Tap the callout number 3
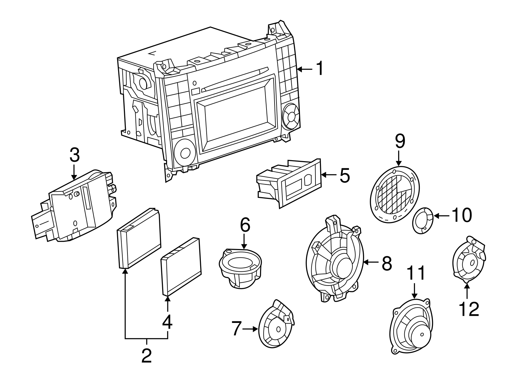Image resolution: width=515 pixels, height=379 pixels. pyautogui.click(x=74, y=155)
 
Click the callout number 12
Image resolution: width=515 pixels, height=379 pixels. pyautogui.click(x=469, y=309)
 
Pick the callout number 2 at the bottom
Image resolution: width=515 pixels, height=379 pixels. pyautogui.click(x=146, y=355)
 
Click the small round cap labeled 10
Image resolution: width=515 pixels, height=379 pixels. pyautogui.click(x=423, y=220)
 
